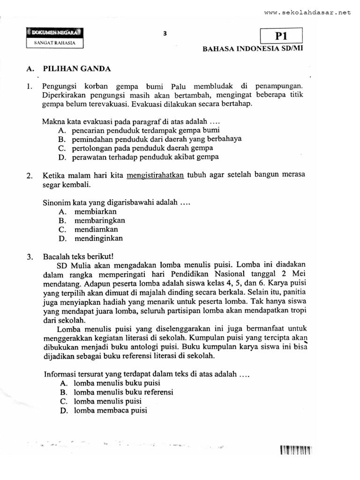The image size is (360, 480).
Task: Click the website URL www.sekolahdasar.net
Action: coord(307,13)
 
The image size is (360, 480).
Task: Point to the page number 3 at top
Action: coord(165,33)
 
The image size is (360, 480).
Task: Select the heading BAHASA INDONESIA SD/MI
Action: coord(253,49)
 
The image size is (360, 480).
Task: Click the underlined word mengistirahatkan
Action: coord(156,175)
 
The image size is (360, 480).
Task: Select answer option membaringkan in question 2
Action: coord(99,220)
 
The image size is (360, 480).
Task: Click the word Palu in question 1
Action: coord(179,86)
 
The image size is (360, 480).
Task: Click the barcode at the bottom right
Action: coord(296,451)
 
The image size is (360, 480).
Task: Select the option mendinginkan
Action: coord(98,238)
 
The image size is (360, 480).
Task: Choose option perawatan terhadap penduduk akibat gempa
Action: coord(145,157)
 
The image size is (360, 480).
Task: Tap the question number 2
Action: coord(29,176)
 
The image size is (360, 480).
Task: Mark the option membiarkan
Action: coord(95,211)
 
